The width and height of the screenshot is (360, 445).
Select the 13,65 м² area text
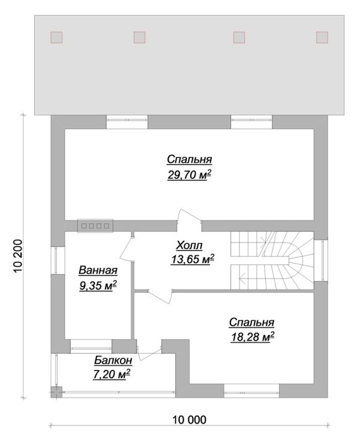point(192,259)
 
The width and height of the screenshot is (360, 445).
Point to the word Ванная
point(97,271)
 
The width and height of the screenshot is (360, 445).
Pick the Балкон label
point(113,360)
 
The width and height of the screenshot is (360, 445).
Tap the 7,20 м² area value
point(113,374)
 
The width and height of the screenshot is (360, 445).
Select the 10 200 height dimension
point(17,255)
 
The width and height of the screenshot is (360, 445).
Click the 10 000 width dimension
point(189,420)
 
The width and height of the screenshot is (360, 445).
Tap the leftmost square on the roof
point(56,37)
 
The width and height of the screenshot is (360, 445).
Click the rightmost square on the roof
point(323,37)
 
